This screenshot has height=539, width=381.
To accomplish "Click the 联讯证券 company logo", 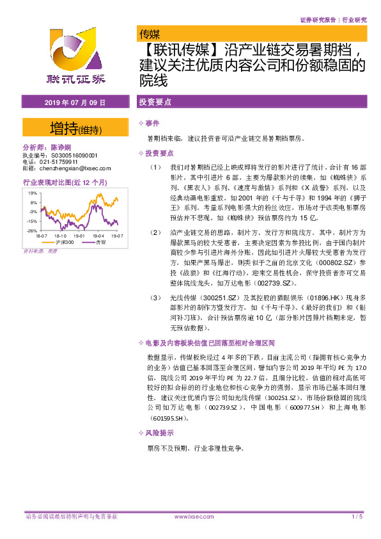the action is coord(76,58).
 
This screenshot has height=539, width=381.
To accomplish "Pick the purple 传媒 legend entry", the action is coord(99,243).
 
